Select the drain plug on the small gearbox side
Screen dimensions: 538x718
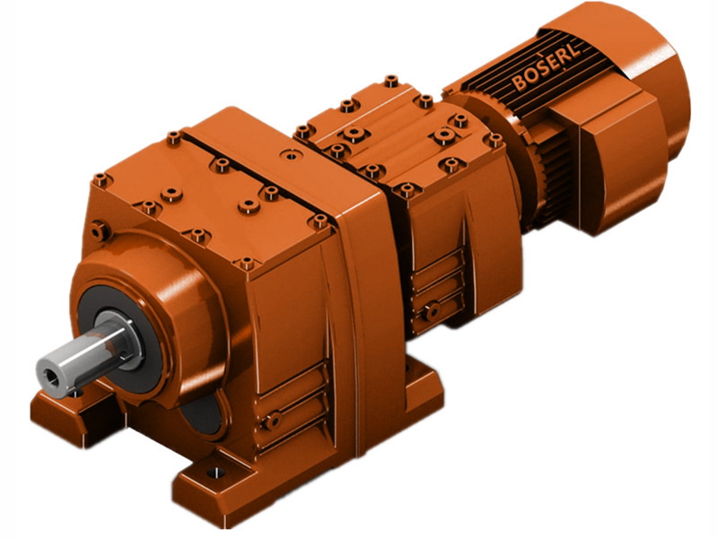(x=433, y=311)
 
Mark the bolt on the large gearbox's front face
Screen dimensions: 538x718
(x=101, y=231)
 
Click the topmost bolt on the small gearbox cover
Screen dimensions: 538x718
(x=390, y=80)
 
